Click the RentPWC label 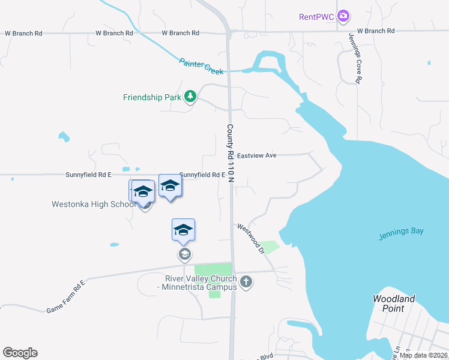pyautogui.click(x=316, y=16)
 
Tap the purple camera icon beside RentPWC pyautogui.click(x=343, y=16)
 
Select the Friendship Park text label pyautogui.click(x=151, y=97)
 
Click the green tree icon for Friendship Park pyautogui.click(x=190, y=96)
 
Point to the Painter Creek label pyautogui.click(x=201, y=66)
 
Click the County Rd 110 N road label pyautogui.click(x=230, y=153)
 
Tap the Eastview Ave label pyautogui.click(x=256, y=155)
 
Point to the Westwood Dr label pyautogui.click(x=251, y=238)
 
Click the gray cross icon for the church pyautogui.click(x=246, y=281)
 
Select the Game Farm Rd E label pyautogui.click(x=66, y=295)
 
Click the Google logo pyautogui.click(x=20, y=353)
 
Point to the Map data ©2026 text pyautogui.click(x=423, y=355)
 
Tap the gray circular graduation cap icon pyautogui.click(x=184, y=254)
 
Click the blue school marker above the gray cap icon pyautogui.click(x=184, y=230)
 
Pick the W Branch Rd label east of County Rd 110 pyautogui.click(x=375, y=31)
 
